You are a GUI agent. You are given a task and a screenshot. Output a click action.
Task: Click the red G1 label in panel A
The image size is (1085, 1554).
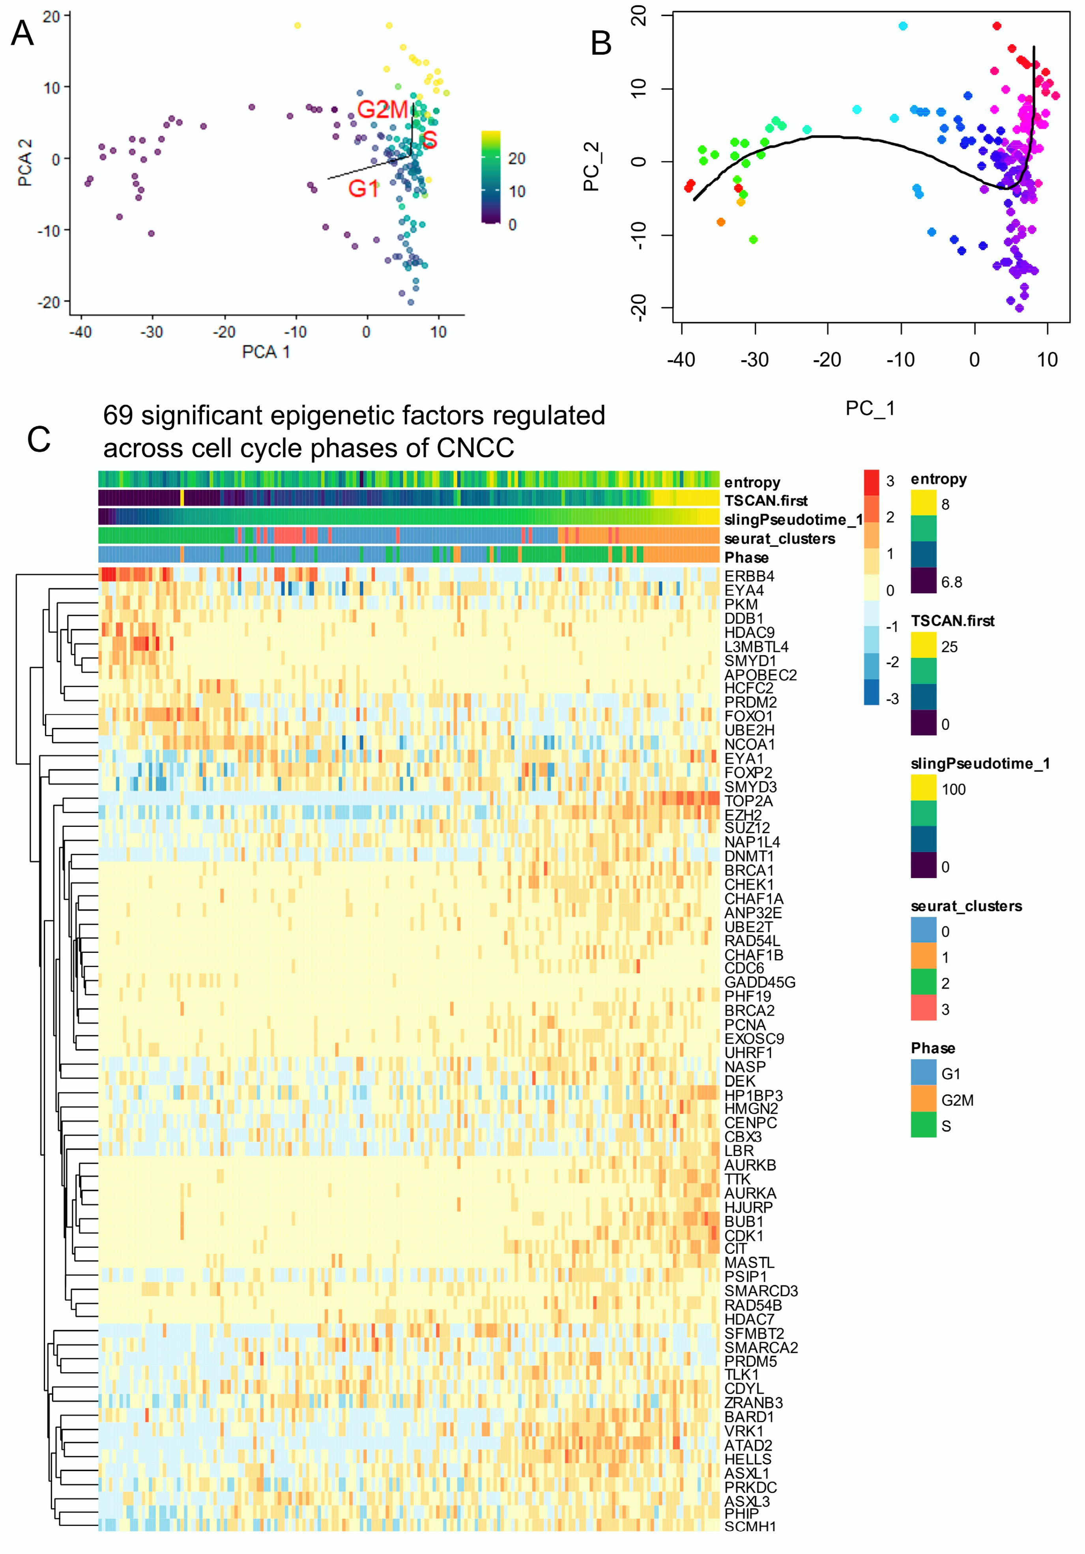pos(363,188)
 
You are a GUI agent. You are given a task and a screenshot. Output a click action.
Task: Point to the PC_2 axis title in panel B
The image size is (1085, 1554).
pos(591,166)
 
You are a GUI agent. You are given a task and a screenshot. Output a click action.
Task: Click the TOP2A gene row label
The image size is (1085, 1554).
pos(748,801)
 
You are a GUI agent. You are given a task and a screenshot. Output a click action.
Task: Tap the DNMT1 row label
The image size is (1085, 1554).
pos(748,856)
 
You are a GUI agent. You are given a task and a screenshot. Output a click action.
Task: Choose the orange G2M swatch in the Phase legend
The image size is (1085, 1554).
pos(923,1100)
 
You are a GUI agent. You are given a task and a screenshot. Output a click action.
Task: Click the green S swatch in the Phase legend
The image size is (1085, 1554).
pos(923,1126)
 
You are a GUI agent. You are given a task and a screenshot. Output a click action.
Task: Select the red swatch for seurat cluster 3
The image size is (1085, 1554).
pos(923,1009)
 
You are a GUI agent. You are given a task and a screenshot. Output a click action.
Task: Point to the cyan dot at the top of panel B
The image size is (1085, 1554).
pos(902,26)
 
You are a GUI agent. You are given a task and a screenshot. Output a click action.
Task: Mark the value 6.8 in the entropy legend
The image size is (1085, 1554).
pos(951,582)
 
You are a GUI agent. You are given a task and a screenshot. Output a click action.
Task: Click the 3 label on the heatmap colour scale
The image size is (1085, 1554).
pos(890,481)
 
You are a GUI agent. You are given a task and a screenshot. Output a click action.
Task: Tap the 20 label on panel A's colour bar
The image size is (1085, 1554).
pos(516,158)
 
